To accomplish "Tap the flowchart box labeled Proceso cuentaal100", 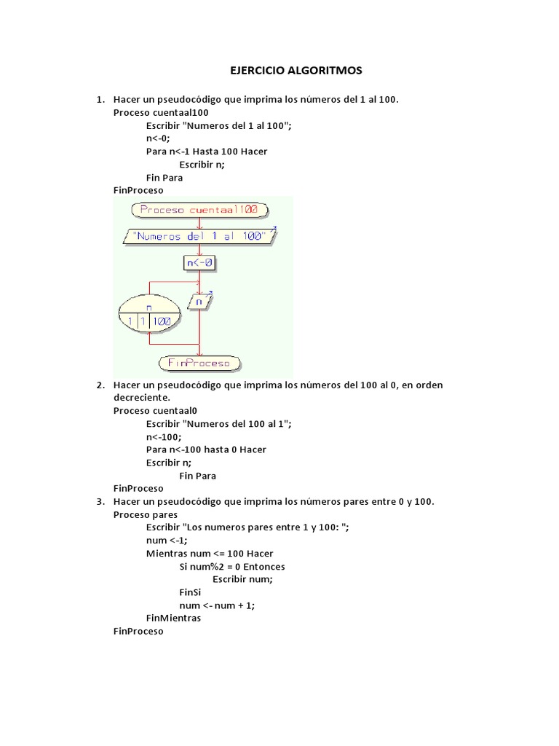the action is pos(199,210).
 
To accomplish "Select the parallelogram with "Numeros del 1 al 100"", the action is pos(199,236).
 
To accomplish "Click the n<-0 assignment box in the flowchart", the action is pos(199,263).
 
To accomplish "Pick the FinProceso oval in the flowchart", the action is pos(199,362).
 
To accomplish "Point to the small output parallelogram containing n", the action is pos(199,299).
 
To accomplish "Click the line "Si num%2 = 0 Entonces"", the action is pos(232,566).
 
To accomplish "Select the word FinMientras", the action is pos(173,618).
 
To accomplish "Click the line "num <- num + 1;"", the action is pos(217,605).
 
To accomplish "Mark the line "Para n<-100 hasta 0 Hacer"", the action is pos(206,449).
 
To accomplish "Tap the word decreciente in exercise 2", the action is pos(141,398).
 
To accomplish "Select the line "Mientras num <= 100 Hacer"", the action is pos(210,554).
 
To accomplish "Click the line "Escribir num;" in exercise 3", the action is pos(242,579).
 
